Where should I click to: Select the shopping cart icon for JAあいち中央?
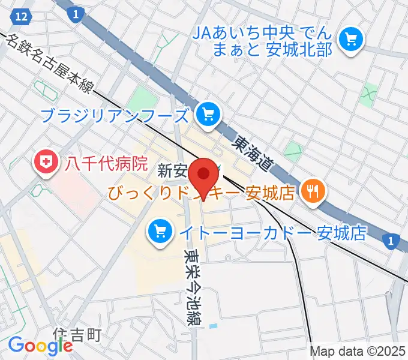(x=351, y=40)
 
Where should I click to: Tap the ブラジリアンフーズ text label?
(x=118, y=114)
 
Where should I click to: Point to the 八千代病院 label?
(x=107, y=163)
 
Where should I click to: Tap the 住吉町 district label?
(x=76, y=334)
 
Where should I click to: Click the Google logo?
(x=40, y=346)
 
